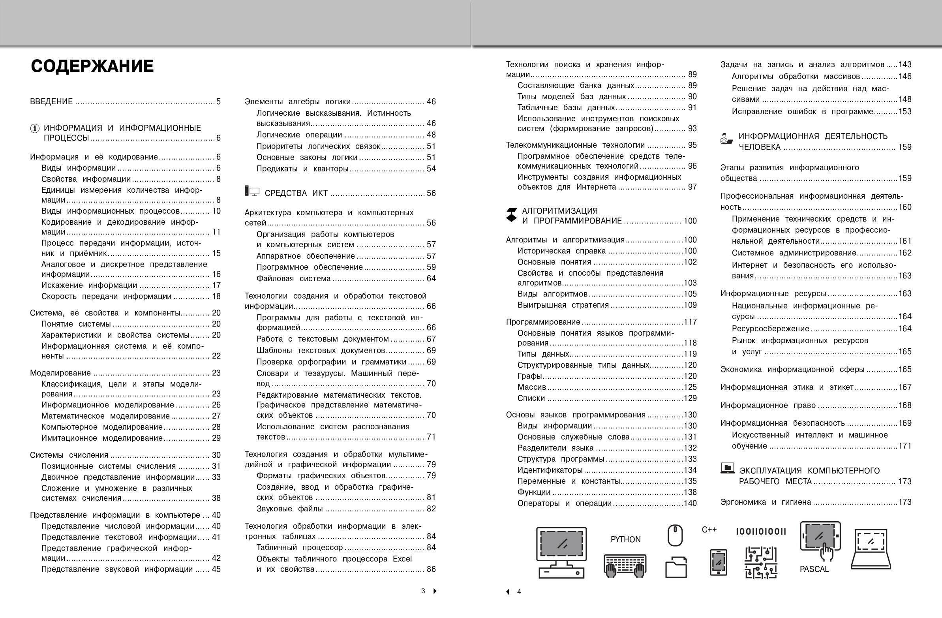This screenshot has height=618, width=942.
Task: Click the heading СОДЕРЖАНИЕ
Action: tap(92, 66)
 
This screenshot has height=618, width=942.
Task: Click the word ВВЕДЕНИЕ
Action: tap(51, 102)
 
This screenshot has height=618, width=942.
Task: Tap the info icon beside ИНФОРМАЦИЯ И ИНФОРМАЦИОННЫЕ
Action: tap(35, 128)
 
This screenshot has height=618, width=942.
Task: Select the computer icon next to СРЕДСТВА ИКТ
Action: tap(252, 192)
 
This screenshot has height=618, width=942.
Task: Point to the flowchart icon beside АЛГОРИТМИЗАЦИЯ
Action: tap(511, 214)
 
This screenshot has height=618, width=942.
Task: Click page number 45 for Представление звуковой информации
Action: tap(216, 569)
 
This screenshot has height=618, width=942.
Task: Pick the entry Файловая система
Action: tap(293, 279)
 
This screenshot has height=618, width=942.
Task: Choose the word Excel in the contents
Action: tap(402, 559)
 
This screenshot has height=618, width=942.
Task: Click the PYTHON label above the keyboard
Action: tap(625, 539)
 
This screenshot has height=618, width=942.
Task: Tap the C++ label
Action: tap(709, 530)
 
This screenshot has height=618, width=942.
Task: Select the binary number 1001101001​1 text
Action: tap(761, 532)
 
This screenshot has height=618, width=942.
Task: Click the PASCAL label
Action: tap(814, 569)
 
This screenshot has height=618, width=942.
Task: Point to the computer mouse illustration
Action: tap(675, 535)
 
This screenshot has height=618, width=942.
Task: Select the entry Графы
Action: tap(529, 376)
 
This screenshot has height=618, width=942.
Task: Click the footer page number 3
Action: tap(423, 591)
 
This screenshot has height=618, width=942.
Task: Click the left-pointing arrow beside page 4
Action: tap(508, 592)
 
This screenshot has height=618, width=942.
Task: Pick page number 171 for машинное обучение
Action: tap(905, 446)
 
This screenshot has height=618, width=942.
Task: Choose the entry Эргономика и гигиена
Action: tap(766, 502)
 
